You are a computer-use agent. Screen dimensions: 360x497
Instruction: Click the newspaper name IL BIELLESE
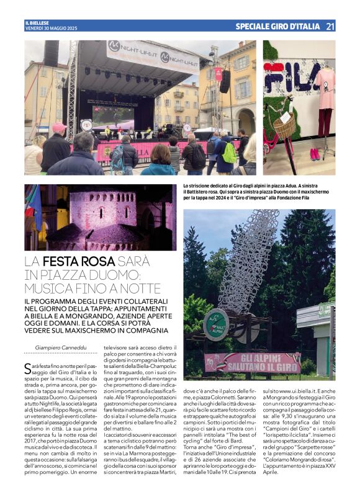point(36,23)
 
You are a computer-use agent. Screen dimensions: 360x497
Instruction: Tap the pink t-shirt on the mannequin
point(324,87)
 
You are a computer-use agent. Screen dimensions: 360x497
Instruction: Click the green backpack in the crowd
point(229,152)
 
